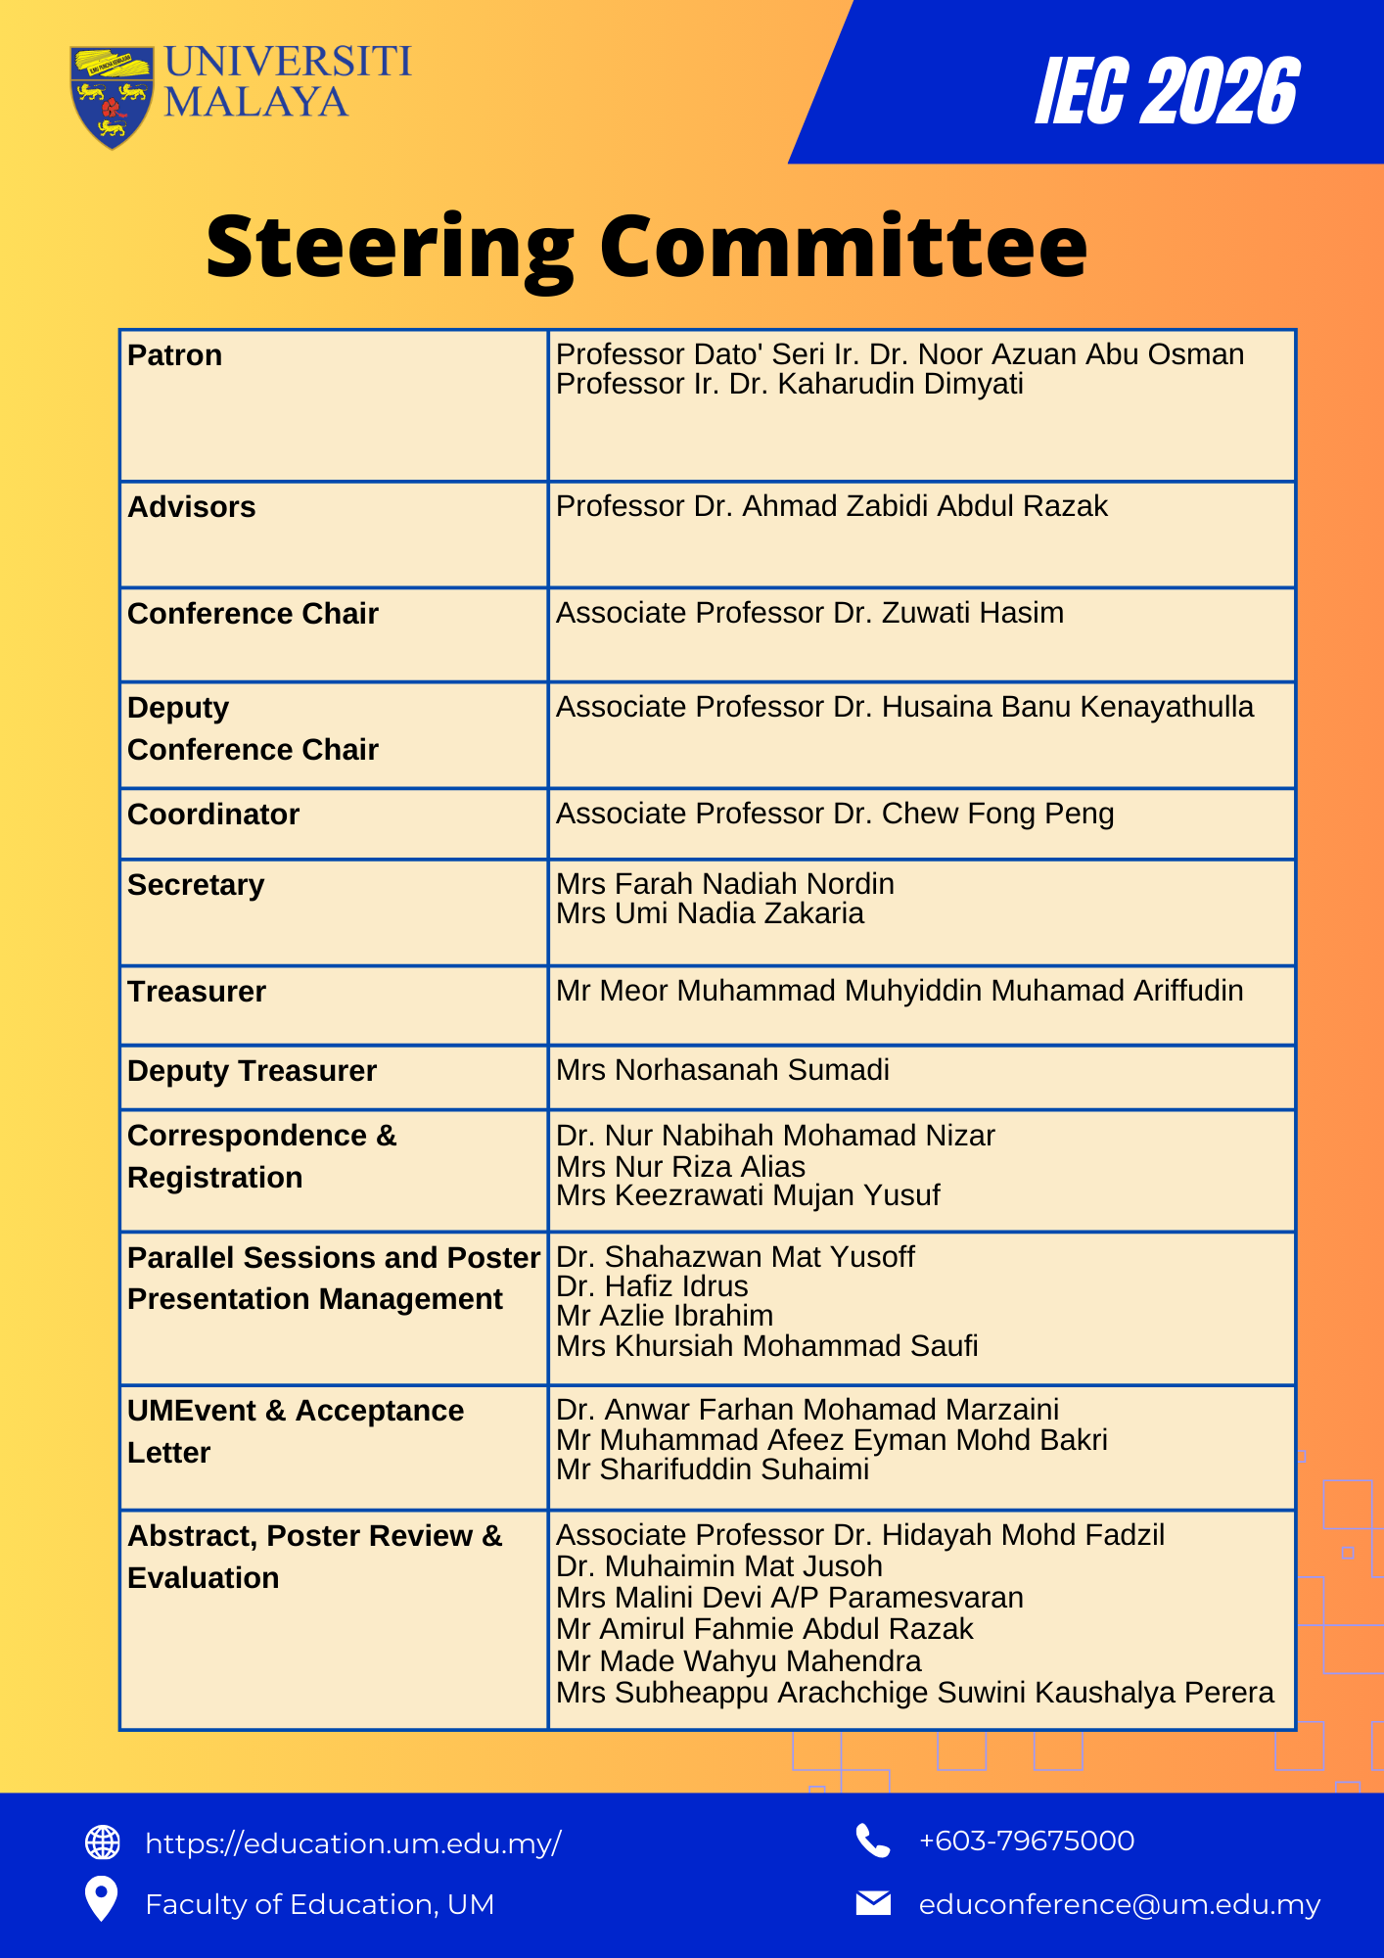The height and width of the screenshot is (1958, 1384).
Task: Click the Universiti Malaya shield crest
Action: point(112,96)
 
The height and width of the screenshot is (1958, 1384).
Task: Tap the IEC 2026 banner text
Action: point(1167,92)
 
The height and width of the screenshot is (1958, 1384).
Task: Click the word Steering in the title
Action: point(390,248)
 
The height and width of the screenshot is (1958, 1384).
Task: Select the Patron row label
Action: point(175,355)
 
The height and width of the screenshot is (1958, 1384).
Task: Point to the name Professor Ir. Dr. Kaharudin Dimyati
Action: point(789,385)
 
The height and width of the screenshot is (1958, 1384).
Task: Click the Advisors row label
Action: point(192,507)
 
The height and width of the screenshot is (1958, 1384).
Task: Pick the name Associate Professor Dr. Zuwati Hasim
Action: point(809,613)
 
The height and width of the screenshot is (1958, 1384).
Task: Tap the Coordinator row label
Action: point(213,815)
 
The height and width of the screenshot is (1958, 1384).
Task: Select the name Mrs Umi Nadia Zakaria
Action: point(710,913)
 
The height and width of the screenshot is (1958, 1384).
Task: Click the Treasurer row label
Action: point(197,992)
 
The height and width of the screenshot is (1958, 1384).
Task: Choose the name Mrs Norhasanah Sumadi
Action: point(722,1070)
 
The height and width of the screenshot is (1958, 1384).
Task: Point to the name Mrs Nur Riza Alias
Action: point(680,1167)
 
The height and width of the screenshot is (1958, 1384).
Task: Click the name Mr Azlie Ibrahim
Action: point(665,1316)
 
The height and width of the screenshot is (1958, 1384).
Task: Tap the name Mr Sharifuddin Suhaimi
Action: point(713,1469)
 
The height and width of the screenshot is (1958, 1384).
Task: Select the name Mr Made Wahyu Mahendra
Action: point(739,1661)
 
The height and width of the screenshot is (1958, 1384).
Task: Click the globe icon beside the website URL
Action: point(103,1842)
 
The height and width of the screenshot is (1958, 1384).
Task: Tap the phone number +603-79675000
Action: point(1027,1841)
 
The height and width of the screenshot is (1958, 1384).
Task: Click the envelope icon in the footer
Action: point(873,1903)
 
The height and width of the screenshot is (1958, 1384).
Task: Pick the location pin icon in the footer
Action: point(102,1899)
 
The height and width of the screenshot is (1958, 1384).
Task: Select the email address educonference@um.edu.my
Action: point(1120,1904)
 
